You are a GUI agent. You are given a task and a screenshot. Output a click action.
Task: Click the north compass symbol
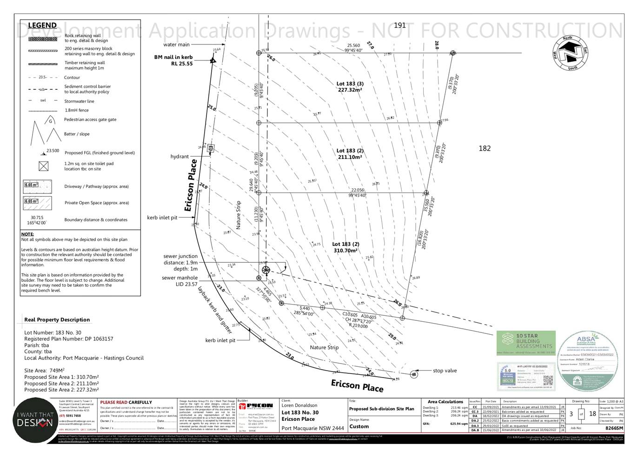point(570,53)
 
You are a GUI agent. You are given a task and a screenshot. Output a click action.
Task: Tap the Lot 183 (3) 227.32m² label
point(350,87)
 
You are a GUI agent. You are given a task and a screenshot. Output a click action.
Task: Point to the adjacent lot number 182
point(485,148)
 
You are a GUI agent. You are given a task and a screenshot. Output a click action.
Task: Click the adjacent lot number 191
point(400,26)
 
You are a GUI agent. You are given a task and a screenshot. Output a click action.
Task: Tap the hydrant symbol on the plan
point(211,148)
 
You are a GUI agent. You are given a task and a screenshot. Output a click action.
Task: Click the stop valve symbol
point(414,373)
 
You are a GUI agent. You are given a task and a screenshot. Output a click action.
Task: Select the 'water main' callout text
point(176,45)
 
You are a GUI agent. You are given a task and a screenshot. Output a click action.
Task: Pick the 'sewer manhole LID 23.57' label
point(179,281)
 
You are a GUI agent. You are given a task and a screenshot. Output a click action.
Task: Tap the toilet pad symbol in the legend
point(43,166)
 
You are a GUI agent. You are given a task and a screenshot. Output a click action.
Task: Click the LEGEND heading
point(42,25)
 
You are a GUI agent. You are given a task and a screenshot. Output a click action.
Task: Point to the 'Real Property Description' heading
point(57,319)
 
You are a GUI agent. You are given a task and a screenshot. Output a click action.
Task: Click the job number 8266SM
point(614,428)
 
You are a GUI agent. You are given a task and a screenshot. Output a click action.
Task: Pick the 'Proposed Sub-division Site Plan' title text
point(381,409)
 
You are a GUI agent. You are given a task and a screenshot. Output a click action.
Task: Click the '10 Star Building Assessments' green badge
point(526,343)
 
